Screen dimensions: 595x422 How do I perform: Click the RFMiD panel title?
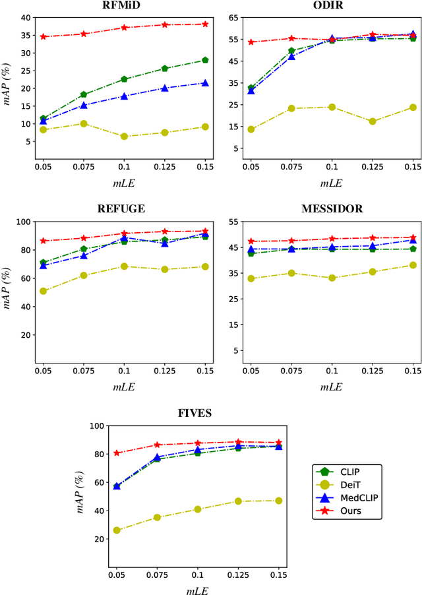click(125, 6)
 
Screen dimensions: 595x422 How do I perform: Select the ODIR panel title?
click(331, 6)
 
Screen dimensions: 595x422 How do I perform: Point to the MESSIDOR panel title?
click(331, 209)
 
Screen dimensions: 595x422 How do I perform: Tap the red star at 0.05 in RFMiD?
click(44, 37)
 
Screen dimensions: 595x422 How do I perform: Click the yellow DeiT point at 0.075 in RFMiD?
click(84, 123)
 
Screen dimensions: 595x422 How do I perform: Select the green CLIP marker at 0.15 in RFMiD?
click(205, 60)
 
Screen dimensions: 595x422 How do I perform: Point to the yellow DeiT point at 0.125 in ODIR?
click(373, 121)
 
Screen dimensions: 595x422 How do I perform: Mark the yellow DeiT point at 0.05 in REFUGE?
click(44, 291)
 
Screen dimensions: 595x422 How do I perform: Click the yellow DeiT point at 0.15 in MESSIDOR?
click(413, 265)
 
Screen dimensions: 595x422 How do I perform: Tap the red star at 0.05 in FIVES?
click(117, 453)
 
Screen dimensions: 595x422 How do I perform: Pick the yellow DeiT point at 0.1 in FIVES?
click(198, 509)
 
